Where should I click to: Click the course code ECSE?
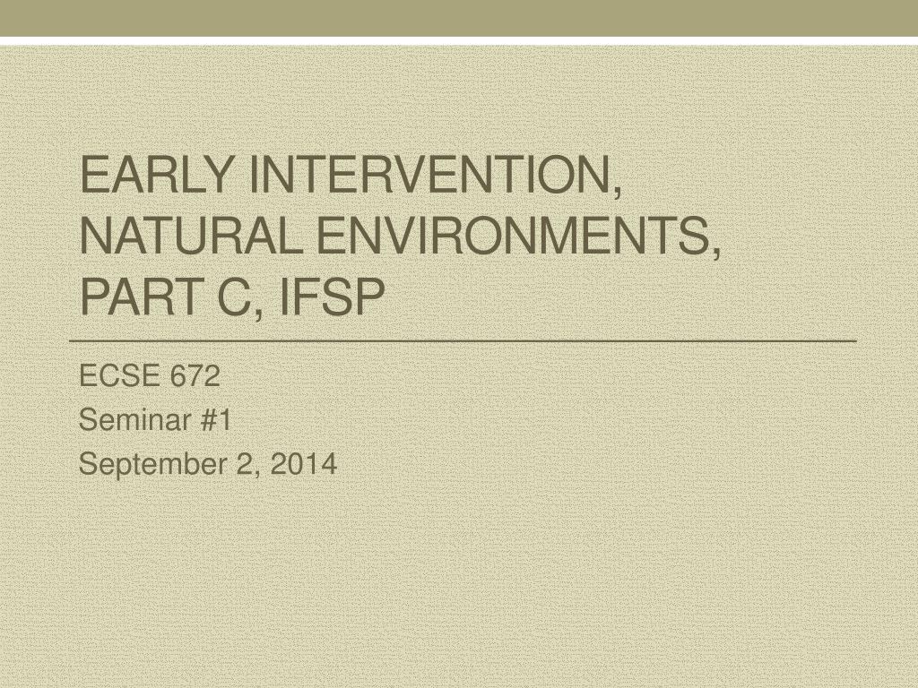[119, 375]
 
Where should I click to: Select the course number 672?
[195, 375]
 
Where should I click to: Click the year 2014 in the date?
[303, 464]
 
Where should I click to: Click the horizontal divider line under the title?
[463, 340]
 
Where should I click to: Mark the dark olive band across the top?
[459, 18]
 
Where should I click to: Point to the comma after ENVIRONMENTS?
[716, 253]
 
